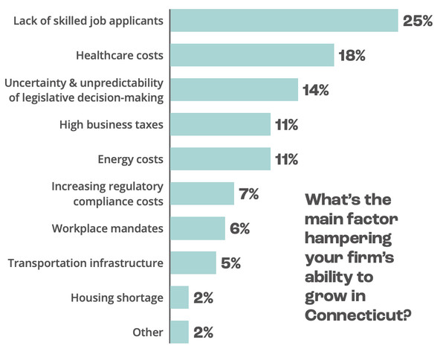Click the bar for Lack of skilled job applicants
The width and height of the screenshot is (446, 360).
point(284,21)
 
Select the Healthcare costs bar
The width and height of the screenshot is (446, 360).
point(252,55)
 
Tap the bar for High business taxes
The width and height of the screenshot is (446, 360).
point(221,124)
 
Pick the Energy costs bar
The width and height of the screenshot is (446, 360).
point(221,158)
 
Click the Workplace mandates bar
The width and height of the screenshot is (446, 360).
point(198,228)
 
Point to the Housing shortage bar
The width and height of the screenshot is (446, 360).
point(179,298)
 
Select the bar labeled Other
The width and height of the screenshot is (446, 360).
point(179,332)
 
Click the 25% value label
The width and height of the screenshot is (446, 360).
point(418,21)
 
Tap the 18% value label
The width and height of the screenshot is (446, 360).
point(352,55)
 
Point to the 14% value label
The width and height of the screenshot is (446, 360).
point(316,90)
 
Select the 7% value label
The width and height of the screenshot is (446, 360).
point(249,194)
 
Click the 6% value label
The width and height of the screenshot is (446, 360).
point(240,228)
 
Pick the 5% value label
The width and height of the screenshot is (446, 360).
point(230,263)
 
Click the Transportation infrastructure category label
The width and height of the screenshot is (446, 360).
point(85,263)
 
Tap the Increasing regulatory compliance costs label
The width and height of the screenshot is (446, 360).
point(108,194)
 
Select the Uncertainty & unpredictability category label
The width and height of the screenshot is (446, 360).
point(84,90)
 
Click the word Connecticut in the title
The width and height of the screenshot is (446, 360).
point(358,315)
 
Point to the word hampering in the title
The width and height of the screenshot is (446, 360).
point(348,239)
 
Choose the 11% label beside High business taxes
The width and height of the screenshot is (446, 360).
point(286,125)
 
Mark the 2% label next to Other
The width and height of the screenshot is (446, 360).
point(204,332)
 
